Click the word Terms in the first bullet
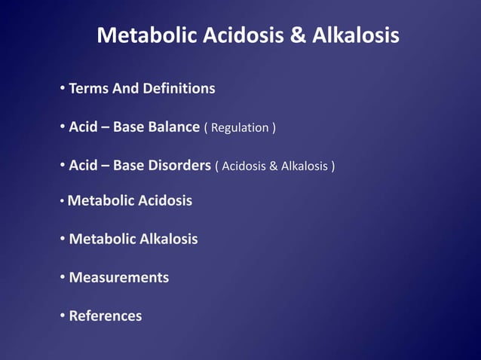[x=88, y=89]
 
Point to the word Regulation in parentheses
[x=239, y=128]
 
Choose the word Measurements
[x=118, y=278]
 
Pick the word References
[x=105, y=316]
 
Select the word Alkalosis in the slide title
[x=354, y=35]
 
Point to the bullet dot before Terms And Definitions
[x=63, y=90]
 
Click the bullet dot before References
[x=63, y=316]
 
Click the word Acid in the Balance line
[x=83, y=127]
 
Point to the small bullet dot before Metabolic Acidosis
[x=62, y=202]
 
